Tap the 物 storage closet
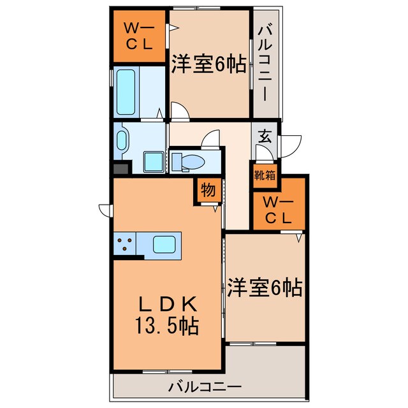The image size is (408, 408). pos(207,190)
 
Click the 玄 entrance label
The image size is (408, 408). pos(264,137)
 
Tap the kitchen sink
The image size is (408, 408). pos(165,244)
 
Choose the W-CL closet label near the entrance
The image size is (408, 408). pos(279,211)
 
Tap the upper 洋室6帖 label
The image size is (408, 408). pos(208,64)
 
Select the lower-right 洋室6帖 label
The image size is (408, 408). pos(264,288)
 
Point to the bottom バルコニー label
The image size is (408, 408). pos(205,386)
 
